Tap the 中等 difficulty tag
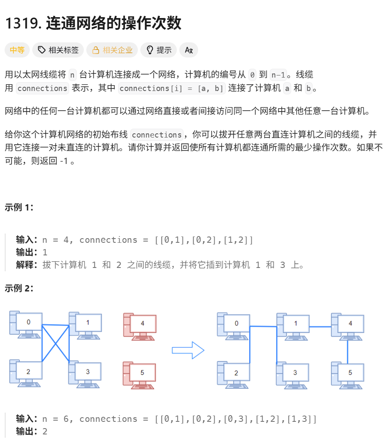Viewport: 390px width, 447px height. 17,50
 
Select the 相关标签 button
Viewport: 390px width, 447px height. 58,50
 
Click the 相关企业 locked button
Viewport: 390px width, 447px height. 112,50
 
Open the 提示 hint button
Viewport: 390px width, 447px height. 159,50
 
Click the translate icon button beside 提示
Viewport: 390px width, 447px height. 189,50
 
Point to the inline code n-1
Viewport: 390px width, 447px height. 278,75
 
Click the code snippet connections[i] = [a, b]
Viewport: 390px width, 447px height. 172,88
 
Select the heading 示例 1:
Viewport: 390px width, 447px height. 19,207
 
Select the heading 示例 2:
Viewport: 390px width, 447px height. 19,288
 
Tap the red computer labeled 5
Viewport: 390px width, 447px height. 140,374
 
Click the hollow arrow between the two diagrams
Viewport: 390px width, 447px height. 188,350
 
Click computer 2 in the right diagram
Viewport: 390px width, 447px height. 234,374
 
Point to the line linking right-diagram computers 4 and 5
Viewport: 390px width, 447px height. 348,351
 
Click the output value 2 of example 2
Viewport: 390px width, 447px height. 45,431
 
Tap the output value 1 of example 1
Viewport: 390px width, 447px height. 45,252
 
